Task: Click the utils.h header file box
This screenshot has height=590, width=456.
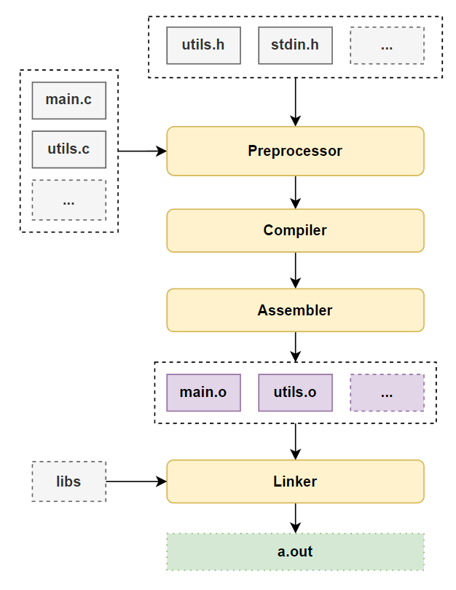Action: (203, 45)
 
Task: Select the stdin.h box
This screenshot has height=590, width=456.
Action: (295, 45)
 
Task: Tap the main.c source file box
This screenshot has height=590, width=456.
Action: (69, 100)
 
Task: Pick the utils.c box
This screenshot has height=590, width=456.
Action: (69, 149)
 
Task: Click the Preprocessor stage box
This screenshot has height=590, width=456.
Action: (295, 152)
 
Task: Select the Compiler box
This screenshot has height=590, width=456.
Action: (295, 231)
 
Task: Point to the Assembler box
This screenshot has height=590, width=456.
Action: (295, 310)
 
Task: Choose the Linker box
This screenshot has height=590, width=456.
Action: (295, 481)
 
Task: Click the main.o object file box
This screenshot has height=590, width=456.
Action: (203, 393)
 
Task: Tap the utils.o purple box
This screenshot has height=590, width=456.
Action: (295, 393)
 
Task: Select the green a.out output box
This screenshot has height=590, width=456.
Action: (295, 551)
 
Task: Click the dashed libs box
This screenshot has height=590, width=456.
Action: (69, 481)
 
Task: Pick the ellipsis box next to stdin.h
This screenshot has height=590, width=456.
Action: (387, 45)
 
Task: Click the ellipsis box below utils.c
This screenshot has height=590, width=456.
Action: (69, 200)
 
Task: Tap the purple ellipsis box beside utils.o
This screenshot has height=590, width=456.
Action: (387, 393)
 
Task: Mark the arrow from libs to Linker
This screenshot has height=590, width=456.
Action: (136, 481)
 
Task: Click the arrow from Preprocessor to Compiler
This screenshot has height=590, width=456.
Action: (295, 192)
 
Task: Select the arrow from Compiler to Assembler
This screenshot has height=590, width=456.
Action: (295, 270)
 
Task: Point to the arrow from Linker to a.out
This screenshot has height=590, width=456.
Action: (295, 518)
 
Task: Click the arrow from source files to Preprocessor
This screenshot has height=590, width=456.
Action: (142, 152)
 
